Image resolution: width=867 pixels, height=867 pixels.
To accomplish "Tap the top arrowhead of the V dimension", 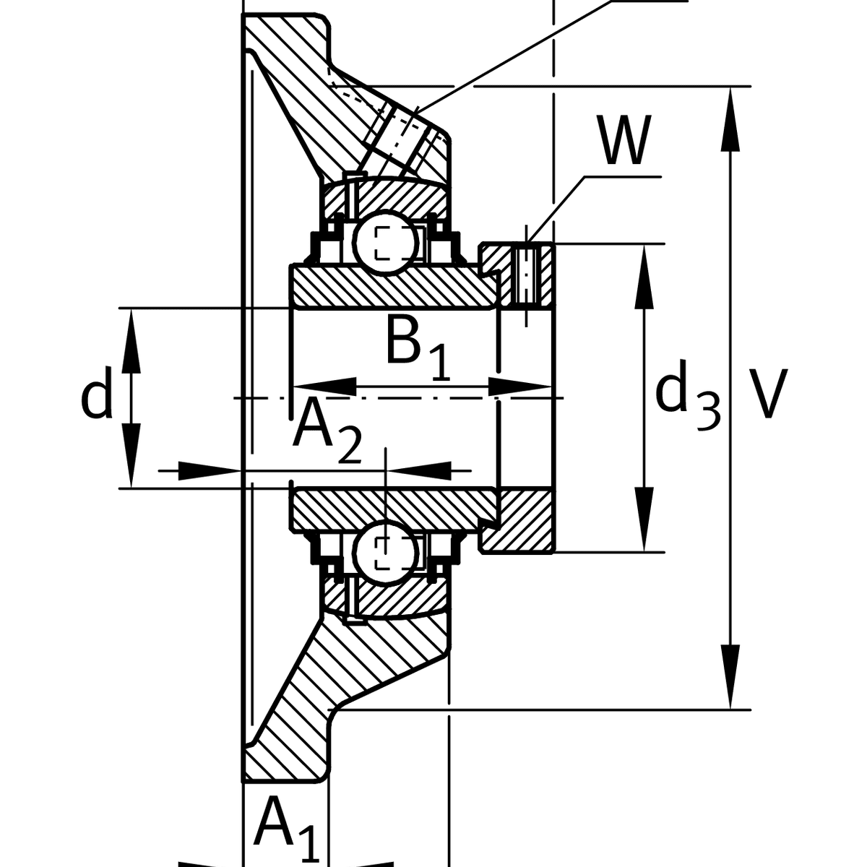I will [x=731, y=116].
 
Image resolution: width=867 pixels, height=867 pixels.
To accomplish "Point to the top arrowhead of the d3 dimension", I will [x=644, y=275].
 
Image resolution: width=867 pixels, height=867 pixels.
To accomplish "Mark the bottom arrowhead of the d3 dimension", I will [x=644, y=524].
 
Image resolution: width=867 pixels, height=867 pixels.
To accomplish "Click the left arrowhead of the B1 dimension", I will [x=322, y=387].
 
